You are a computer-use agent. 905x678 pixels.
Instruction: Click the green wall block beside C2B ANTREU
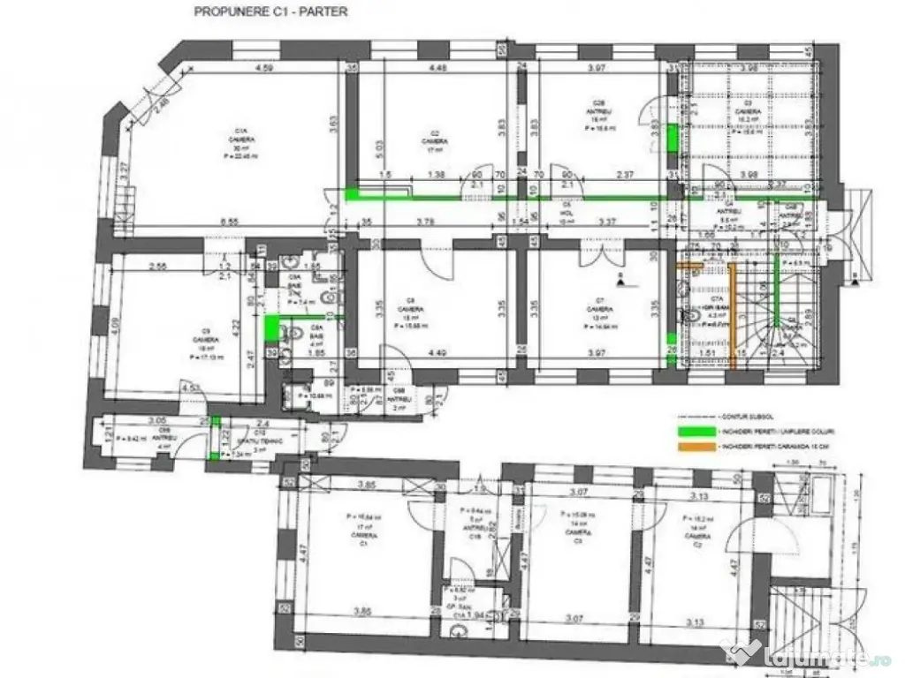pyautogui.click(x=672, y=138)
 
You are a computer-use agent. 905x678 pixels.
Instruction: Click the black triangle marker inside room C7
pyautogui.click(x=622, y=282)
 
